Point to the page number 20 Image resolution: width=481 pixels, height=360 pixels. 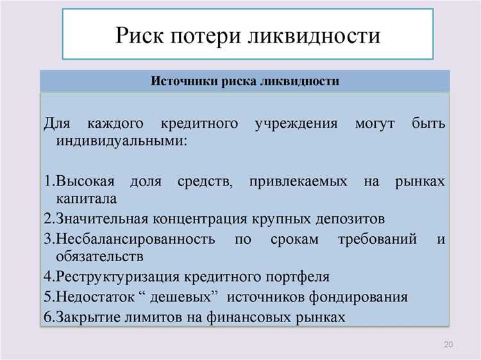click(448, 346)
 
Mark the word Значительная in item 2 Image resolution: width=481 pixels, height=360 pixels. click(103, 219)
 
